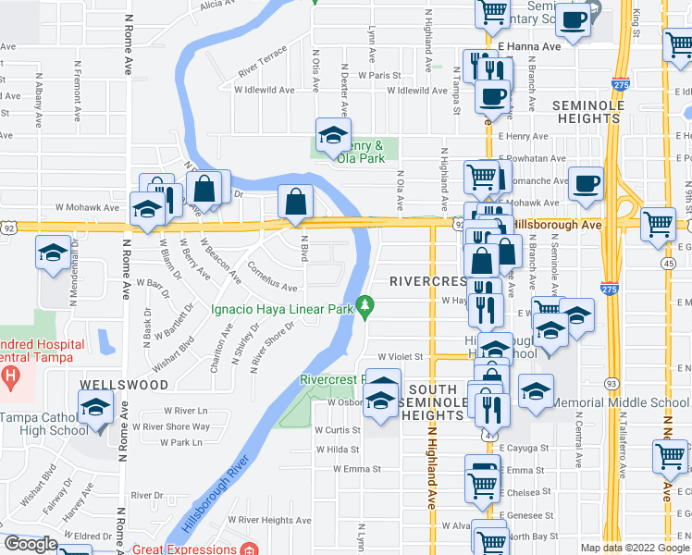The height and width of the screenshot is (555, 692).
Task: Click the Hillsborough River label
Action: click(x=214, y=495)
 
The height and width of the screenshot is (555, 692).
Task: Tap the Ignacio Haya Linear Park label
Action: click(x=283, y=309)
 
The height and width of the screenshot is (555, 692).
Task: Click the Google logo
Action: click(x=31, y=544)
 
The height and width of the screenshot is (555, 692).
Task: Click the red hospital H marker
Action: click(x=10, y=376)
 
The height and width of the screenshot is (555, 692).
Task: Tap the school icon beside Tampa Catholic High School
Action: click(x=95, y=410)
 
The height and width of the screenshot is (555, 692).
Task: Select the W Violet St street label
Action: click(x=399, y=356)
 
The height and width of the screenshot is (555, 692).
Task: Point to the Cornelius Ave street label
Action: click(x=272, y=279)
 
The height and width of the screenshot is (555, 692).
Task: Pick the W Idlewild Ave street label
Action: click(x=264, y=91)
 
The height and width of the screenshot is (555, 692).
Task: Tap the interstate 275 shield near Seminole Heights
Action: click(x=616, y=83)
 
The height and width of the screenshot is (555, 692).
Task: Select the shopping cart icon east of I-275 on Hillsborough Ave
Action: click(x=657, y=222)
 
